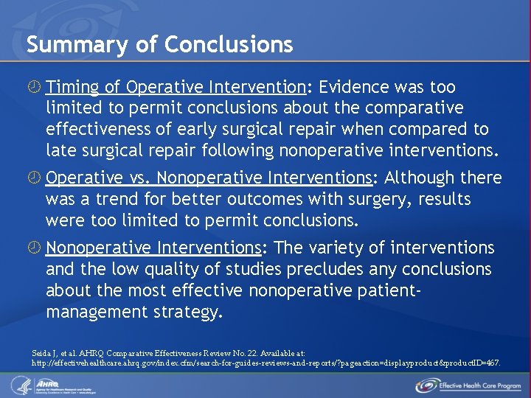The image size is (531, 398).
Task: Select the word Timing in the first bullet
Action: pyautogui.click(x=72, y=88)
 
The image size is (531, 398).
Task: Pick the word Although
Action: pyautogui.click(x=417, y=178)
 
